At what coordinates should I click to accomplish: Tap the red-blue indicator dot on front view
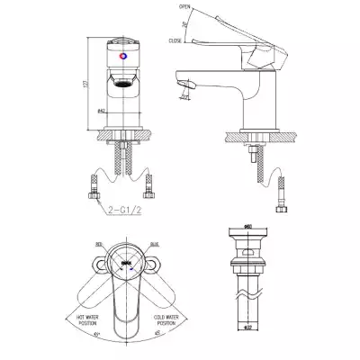[122, 55]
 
